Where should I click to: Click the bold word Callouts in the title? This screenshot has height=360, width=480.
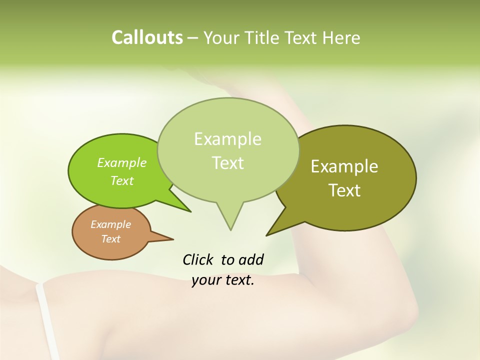pyautogui.click(x=147, y=37)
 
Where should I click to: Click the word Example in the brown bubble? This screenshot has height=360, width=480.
pyautogui.click(x=110, y=224)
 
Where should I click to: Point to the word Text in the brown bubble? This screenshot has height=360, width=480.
pyautogui.click(x=110, y=239)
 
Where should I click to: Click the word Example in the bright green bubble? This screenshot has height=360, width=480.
pyautogui.click(x=122, y=163)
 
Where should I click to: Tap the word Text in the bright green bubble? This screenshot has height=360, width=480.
pyautogui.click(x=122, y=180)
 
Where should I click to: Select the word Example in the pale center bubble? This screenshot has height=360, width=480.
pyautogui.click(x=227, y=139)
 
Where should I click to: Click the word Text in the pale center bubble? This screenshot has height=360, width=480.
pyautogui.click(x=227, y=163)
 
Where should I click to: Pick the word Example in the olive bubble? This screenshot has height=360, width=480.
pyautogui.click(x=344, y=166)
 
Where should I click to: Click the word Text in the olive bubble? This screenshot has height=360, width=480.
pyautogui.click(x=344, y=190)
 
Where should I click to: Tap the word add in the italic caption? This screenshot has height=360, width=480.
pyautogui.click(x=251, y=259)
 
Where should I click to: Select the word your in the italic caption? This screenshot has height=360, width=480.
pyautogui.click(x=206, y=280)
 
